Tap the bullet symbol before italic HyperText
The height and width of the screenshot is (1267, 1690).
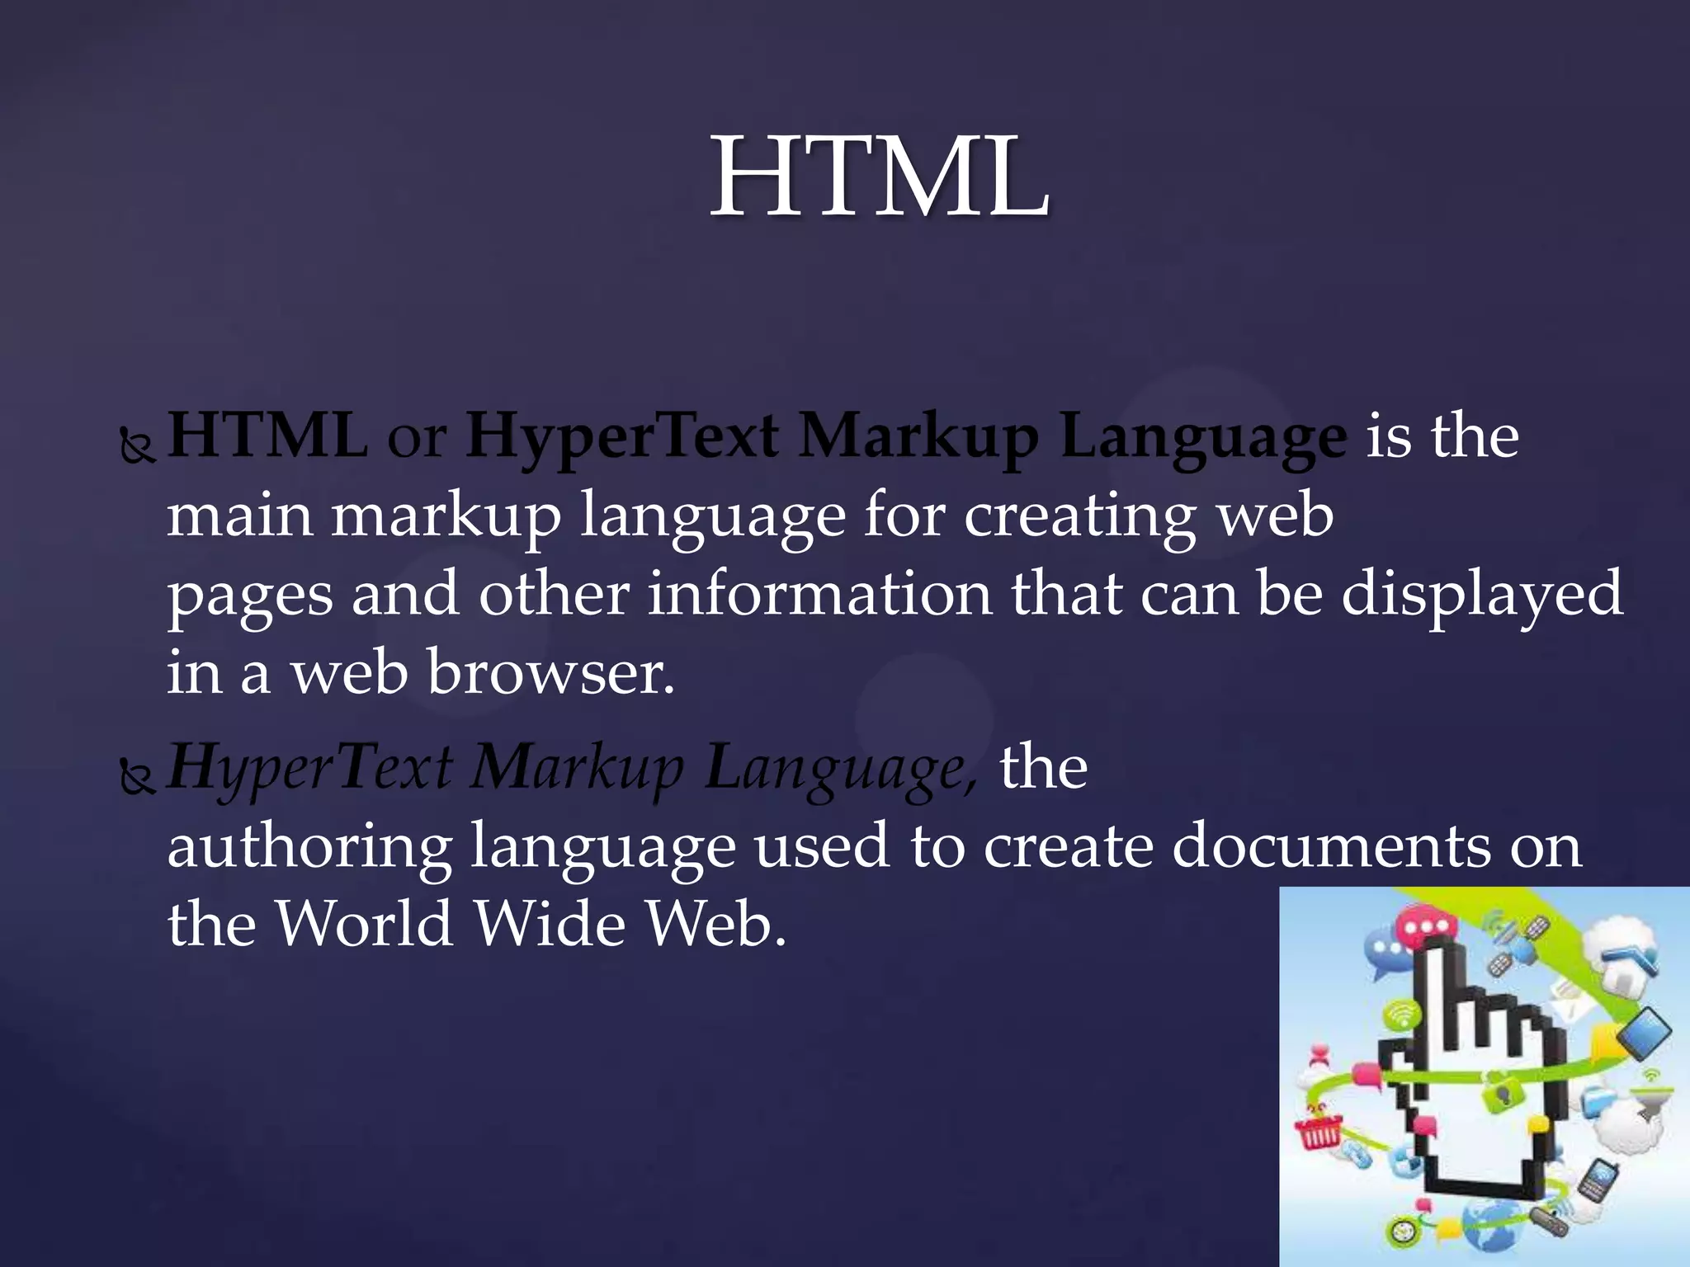pyautogui.click(x=137, y=778)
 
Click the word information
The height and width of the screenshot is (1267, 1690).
pyautogui.click(x=819, y=594)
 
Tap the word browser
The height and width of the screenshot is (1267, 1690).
pyautogui.click(x=550, y=672)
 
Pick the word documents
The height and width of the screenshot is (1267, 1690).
pyautogui.click(x=1331, y=846)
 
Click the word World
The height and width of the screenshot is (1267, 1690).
pyautogui.click(x=364, y=924)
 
